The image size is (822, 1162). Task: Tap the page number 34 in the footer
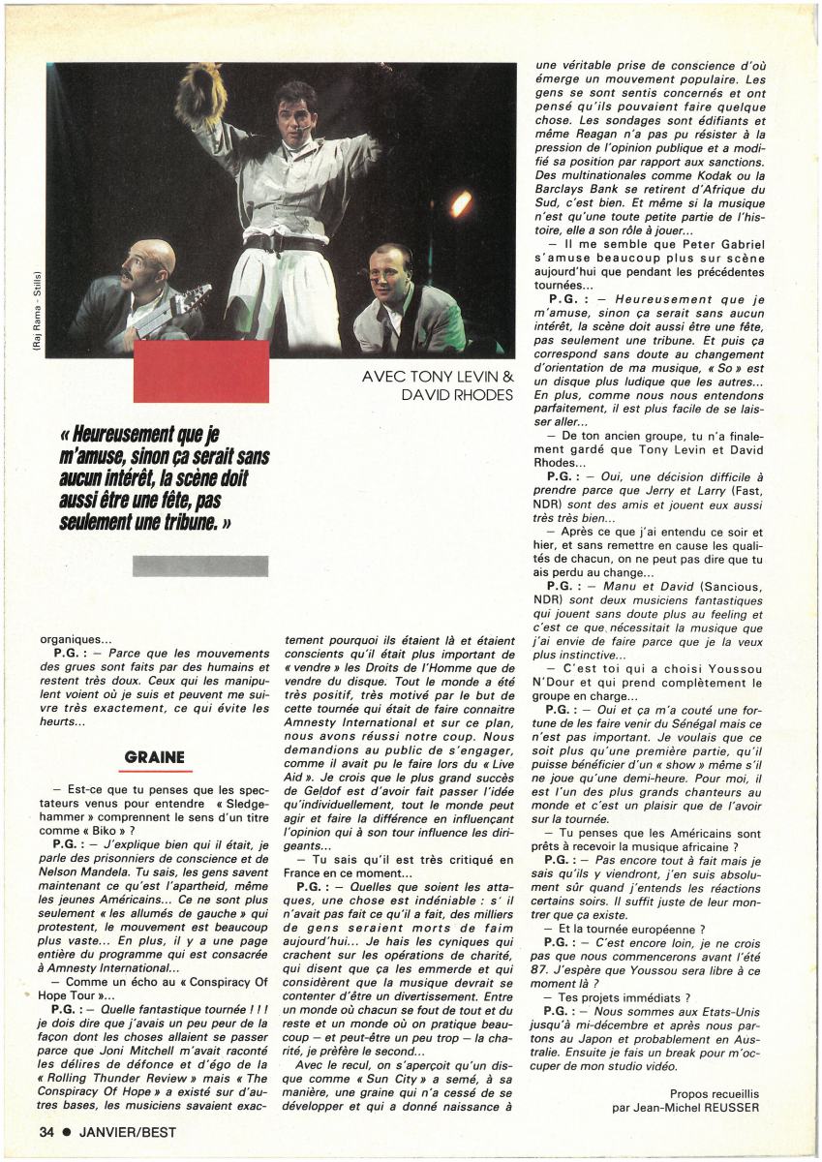(x=46, y=1131)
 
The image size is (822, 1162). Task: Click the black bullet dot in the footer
(x=67, y=1131)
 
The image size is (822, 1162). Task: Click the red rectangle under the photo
(x=200, y=371)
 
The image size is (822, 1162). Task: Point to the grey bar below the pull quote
(x=200, y=566)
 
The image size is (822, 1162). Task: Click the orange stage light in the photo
(x=462, y=203)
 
